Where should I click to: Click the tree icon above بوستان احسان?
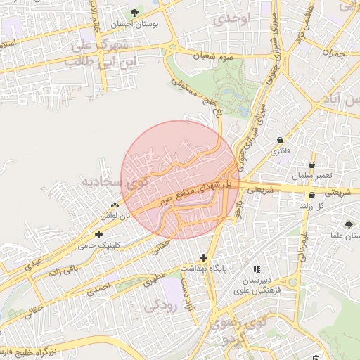pyautogui.click(x=134, y=13)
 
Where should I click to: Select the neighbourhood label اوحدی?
pyautogui.click(x=233, y=20)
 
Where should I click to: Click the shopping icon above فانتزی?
pyautogui.click(x=281, y=139)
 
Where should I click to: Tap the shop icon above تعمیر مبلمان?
pyautogui.click(x=311, y=164)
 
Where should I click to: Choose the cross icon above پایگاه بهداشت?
pyautogui.click(x=204, y=257)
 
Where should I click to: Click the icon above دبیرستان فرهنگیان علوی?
pyautogui.click(x=257, y=269)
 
